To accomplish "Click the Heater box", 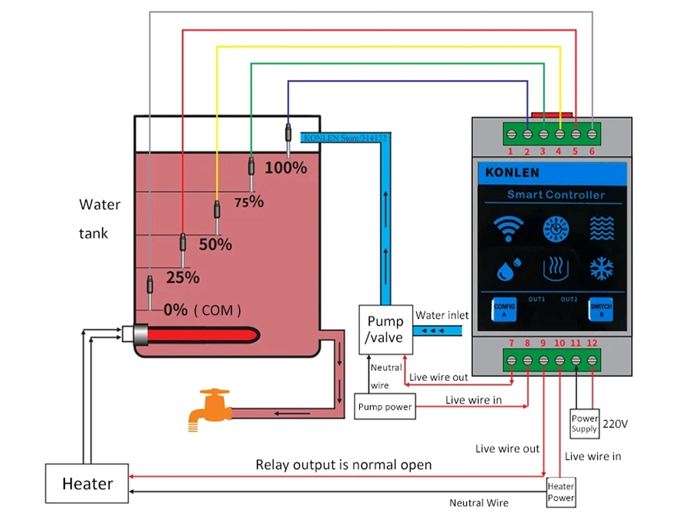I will pos(87,484).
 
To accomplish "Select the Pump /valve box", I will pos(385,329).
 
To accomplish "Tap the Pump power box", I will pos(385,407).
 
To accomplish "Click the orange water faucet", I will pos(208,408).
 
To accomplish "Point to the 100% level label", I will pos(285,168).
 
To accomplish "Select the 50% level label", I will pos(216,244).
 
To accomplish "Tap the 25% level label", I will pos(183,278).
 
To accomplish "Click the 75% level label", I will pos(249,202).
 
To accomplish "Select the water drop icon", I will pos(507,269).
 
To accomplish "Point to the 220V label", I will pos(615,424).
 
